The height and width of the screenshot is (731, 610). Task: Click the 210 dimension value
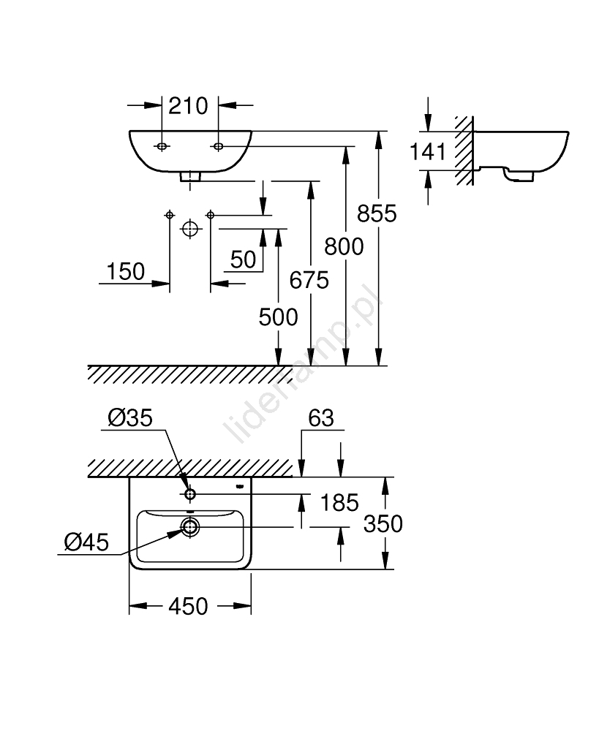(x=189, y=106)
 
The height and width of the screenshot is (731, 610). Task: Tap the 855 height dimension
(x=377, y=213)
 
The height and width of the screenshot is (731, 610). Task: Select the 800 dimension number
(x=344, y=246)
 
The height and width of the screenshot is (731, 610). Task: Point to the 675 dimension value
(x=309, y=279)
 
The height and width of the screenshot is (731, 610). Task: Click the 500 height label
(x=278, y=317)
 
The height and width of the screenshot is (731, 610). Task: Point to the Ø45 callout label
(x=86, y=542)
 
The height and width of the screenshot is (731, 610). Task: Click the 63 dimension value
(x=320, y=417)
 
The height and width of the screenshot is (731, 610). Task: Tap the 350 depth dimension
(x=383, y=523)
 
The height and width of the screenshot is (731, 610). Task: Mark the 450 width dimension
(x=188, y=606)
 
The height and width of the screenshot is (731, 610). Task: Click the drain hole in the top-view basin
(x=190, y=526)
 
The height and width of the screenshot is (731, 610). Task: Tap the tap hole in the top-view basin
(x=189, y=494)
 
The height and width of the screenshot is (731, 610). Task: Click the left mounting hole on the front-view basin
(x=162, y=147)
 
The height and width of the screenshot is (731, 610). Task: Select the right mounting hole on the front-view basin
(x=218, y=147)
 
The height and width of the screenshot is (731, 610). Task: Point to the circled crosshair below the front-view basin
(x=189, y=229)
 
